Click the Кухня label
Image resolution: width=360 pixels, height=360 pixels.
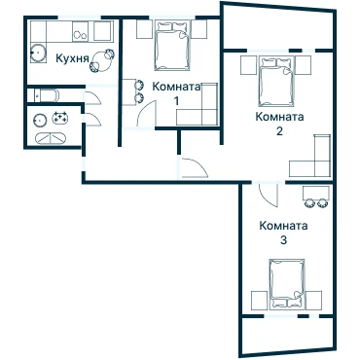[72, 58]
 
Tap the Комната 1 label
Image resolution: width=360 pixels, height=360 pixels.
[176, 93]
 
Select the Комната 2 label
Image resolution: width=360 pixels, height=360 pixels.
[279, 124]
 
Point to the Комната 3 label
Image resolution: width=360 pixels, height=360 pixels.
[283, 233]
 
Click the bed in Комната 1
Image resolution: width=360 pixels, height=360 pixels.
[172, 46]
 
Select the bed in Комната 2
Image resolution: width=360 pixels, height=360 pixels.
[276, 82]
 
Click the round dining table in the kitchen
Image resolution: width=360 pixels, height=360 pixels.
[102, 61]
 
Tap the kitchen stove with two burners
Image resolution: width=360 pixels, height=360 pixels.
[80, 31]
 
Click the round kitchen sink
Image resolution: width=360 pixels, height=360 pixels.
[39, 52]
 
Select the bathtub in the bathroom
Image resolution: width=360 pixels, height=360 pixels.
[51, 138]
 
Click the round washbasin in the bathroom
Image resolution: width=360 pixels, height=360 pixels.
[40, 120]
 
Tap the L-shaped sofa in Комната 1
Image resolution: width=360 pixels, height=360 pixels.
[202, 110]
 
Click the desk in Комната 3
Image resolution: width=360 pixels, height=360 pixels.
[316, 193]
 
